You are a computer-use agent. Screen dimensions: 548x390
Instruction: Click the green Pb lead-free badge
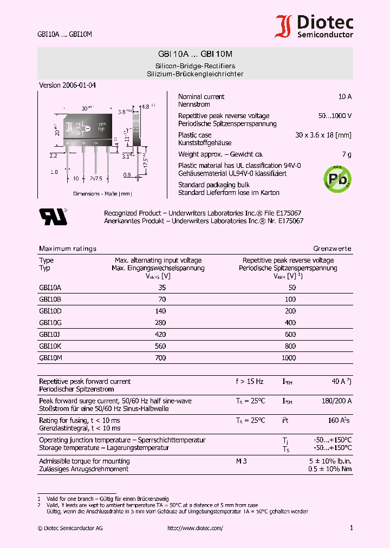click(337, 177)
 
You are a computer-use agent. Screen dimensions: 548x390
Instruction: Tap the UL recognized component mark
click(53, 216)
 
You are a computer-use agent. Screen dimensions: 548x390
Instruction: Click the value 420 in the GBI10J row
click(160, 335)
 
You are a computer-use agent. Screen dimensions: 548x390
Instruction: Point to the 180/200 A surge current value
click(336, 401)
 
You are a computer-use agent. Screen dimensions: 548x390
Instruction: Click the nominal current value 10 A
click(344, 96)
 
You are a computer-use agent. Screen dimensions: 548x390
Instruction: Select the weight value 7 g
click(347, 154)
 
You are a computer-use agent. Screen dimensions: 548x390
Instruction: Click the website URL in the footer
click(195, 528)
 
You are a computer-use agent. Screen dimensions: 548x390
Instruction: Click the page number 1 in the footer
click(351, 528)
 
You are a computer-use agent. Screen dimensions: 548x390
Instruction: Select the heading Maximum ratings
click(68, 249)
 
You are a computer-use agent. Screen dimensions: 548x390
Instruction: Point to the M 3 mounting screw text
click(241, 461)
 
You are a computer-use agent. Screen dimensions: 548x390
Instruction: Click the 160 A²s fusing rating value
click(339, 420)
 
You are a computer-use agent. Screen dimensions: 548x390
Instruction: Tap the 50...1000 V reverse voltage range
click(334, 116)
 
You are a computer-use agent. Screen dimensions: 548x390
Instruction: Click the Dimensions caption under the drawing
click(102, 193)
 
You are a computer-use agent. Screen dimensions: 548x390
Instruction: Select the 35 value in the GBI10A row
click(162, 288)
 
